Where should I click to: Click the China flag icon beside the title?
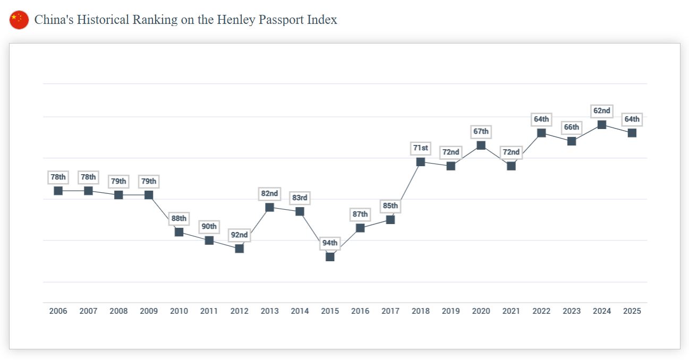[x=19, y=20]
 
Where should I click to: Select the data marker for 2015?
[x=330, y=256]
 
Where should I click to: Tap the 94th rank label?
[x=330, y=243]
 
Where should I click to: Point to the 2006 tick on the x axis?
[x=58, y=311]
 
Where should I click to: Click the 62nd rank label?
[x=602, y=111]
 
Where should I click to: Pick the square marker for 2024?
[x=602, y=125]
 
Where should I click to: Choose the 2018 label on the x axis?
[x=421, y=311]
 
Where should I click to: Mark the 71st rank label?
[x=421, y=148]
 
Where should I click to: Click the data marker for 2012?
[x=240, y=248]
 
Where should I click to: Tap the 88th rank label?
[x=179, y=218]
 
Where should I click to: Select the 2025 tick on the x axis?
[x=632, y=311]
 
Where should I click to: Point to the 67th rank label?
[x=481, y=132]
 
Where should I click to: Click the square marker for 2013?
[x=270, y=207]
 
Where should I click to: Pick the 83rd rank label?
[x=300, y=198]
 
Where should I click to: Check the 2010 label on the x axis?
[x=179, y=311]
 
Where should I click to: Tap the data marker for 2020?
[x=481, y=145]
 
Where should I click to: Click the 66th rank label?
[x=572, y=127]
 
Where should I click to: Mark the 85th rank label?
[x=390, y=206]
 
